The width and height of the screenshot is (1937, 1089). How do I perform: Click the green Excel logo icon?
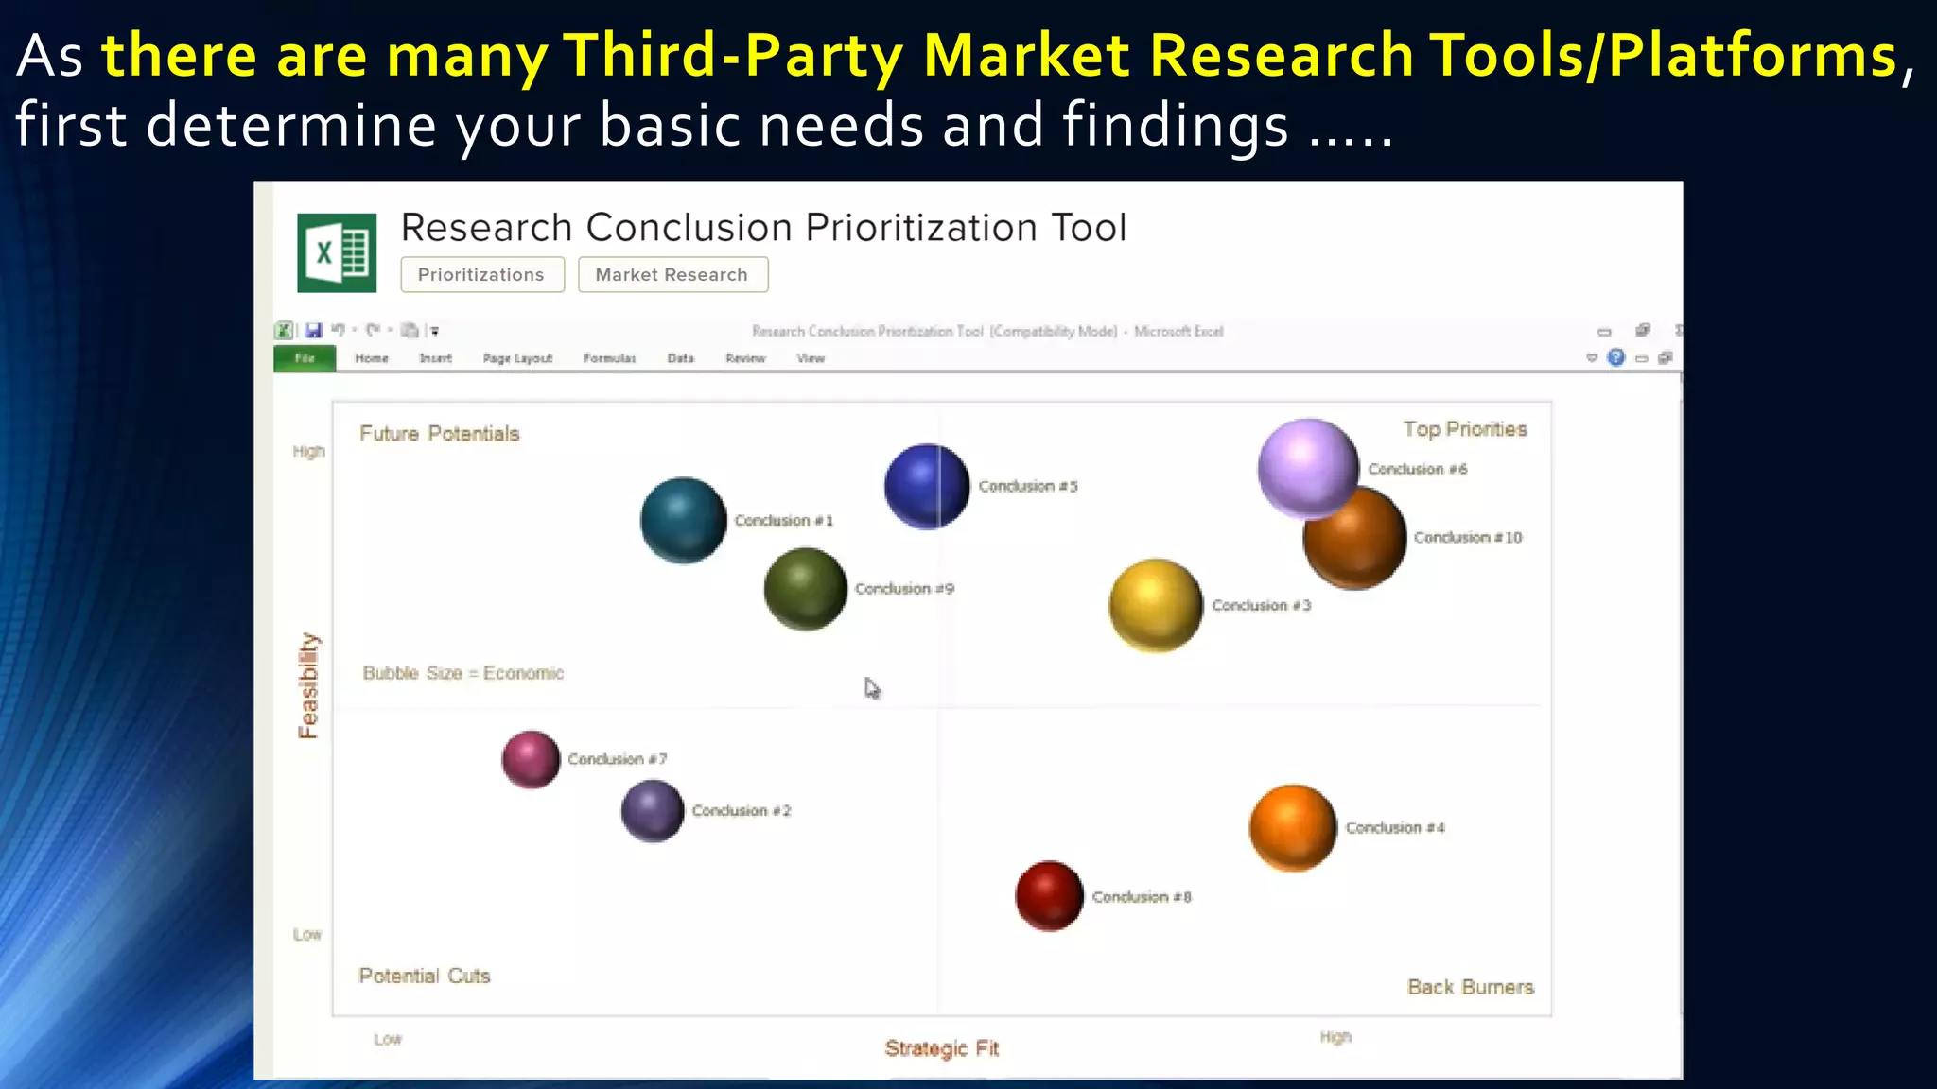[x=337, y=252]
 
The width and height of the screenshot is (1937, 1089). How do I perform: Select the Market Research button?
[x=672, y=275]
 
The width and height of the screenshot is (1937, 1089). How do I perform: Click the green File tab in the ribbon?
[x=304, y=358]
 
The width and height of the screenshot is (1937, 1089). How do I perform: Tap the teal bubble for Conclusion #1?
[x=683, y=520]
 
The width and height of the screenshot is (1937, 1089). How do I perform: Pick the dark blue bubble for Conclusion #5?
[x=926, y=486]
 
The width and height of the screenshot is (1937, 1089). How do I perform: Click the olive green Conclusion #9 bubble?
[x=805, y=588]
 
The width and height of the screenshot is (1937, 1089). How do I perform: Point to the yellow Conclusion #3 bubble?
[x=1155, y=605]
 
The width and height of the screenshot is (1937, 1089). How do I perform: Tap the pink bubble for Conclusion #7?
[x=531, y=758]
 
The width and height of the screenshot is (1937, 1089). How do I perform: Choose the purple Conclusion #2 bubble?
[x=652, y=810]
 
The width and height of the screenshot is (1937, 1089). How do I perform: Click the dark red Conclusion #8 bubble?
[x=1049, y=895]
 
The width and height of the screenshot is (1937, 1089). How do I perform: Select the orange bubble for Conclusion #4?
[x=1292, y=827]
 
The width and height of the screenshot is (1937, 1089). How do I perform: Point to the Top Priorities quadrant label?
[x=1464, y=429]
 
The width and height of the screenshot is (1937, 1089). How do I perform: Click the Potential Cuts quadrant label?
[x=425, y=976]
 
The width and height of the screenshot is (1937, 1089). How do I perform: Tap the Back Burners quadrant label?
[x=1470, y=987]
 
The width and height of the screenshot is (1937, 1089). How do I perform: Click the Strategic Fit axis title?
[x=941, y=1048]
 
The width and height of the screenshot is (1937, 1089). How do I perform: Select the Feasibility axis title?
[x=308, y=685]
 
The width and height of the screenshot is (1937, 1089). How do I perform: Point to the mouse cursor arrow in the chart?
[x=871, y=688]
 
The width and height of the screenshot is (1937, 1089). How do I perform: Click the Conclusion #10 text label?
[x=1467, y=537]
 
